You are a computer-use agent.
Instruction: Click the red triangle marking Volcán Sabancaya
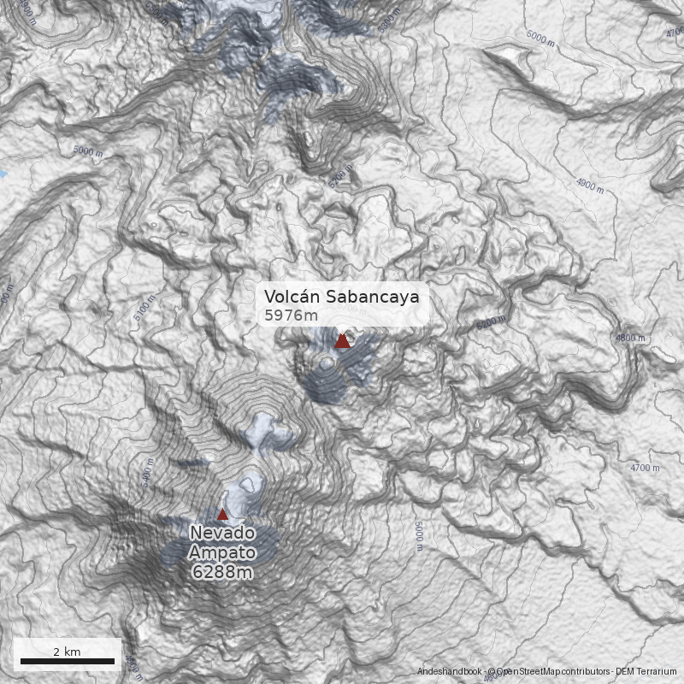[x=342, y=341]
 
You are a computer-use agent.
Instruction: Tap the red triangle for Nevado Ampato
[x=223, y=514]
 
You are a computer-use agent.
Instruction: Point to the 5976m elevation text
[x=289, y=315]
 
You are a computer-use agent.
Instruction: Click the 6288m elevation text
[x=223, y=571]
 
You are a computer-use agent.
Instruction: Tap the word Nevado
[x=223, y=533]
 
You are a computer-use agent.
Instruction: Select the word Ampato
[x=223, y=551]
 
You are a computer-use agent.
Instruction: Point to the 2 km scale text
[x=67, y=652]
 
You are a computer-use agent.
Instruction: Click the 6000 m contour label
[x=541, y=37]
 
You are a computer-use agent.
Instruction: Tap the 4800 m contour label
[x=631, y=339]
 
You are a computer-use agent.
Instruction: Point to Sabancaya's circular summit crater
[x=325, y=364]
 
